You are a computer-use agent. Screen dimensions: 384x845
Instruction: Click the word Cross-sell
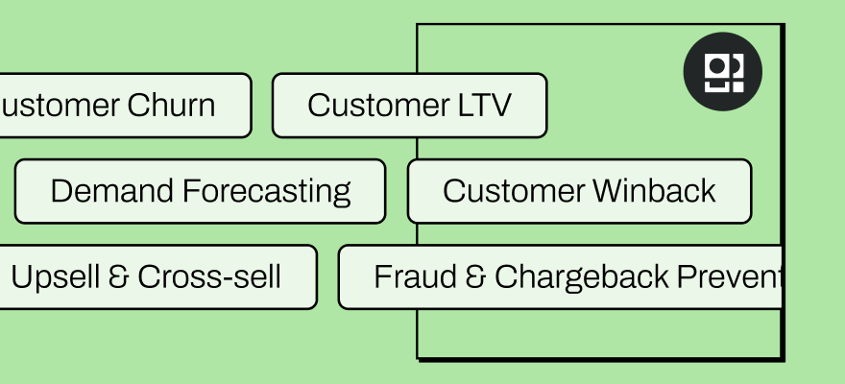click(x=209, y=277)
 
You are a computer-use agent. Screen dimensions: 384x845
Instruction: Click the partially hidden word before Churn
click(x=52, y=106)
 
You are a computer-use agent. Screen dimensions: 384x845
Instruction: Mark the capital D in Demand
click(x=60, y=191)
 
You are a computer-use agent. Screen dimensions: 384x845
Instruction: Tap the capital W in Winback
click(x=608, y=191)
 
